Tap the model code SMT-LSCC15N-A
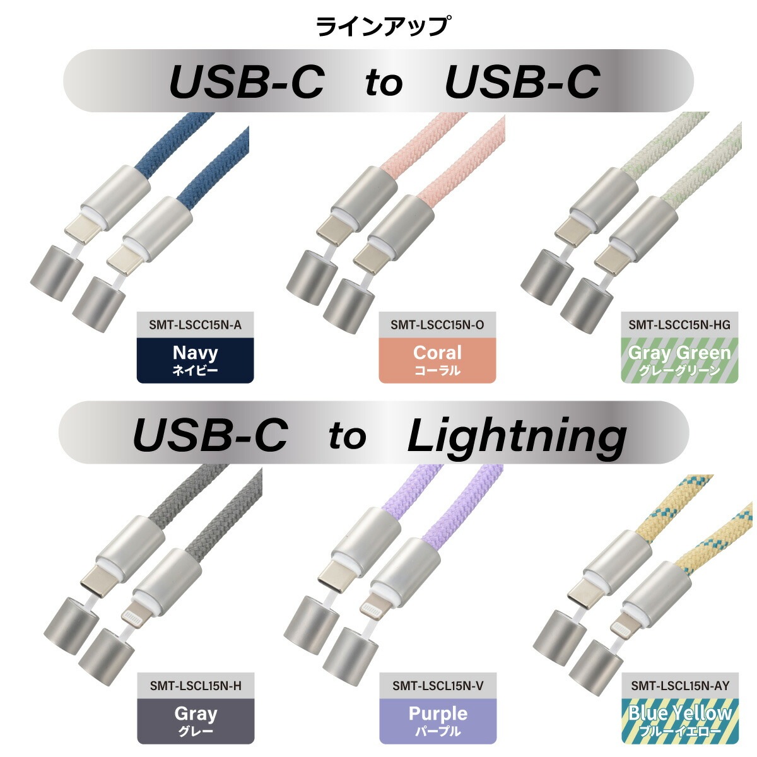195,326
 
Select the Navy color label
195,360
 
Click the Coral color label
437,360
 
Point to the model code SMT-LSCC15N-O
437,326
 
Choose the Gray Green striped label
679,360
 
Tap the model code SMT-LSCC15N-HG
679,326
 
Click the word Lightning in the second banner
517,435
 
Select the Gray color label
196,720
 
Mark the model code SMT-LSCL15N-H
196,686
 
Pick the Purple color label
438,720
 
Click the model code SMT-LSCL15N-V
438,686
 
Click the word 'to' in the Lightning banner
348,435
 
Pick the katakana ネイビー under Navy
195,370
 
